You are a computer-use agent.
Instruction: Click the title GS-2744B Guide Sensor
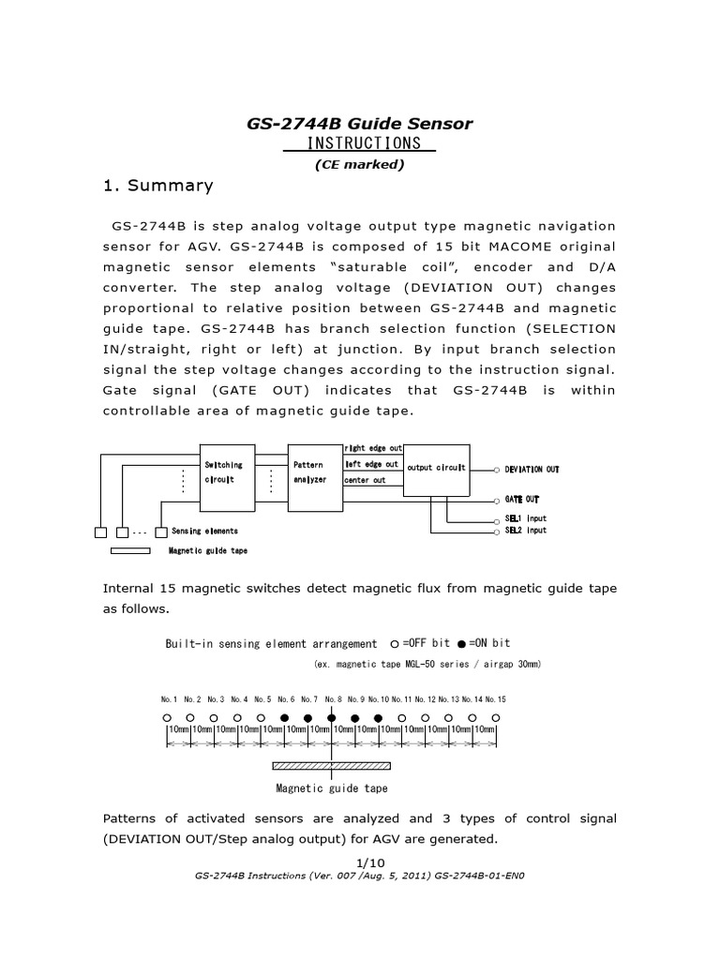pyautogui.click(x=359, y=123)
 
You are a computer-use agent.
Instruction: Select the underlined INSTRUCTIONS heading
pyautogui.click(x=359, y=143)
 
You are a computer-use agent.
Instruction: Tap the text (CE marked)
pyautogui.click(x=359, y=165)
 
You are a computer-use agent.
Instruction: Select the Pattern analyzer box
pyautogui.click(x=310, y=472)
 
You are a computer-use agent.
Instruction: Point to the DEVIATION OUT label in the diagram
pyautogui.click(x=532, y=469)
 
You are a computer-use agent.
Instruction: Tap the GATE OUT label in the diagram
pyautogui.click(x=521, y=499)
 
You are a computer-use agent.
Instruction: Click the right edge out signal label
pyautogui.click(x=373, y=448)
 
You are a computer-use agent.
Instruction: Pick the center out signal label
pyautogui.click(x=366, y=480)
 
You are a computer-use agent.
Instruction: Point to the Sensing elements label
pyautogui.click(x=204, y=532)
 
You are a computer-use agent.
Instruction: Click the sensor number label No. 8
pyautogui.click(x=332, y=698)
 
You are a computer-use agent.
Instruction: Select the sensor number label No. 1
pyautogui.click(x=169, y=698)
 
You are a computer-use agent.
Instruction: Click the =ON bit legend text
pyautogui.click(x=489, y=643)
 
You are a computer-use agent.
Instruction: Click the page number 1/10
pyautogui.click(x=359, y=862)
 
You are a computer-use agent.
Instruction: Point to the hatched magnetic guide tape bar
pyautogui.click(x=331, y=767)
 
